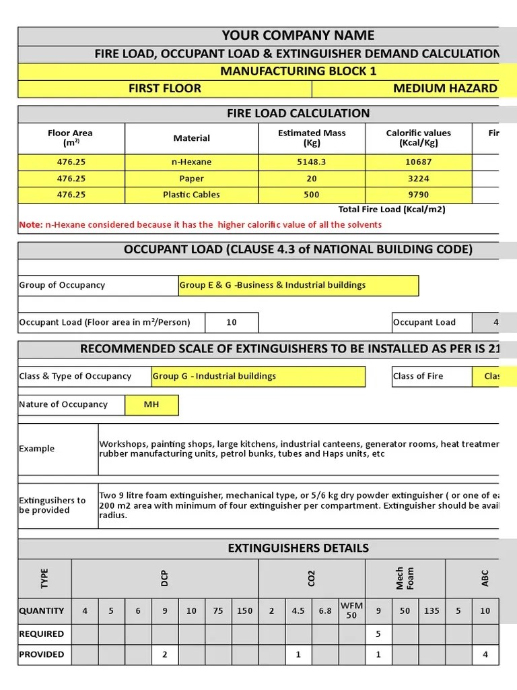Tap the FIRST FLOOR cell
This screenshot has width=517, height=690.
[x=165, y=88]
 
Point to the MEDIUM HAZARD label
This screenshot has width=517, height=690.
[x=445, y=88]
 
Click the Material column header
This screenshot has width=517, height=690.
[x=192, y=138]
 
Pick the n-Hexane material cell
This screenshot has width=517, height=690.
[x=192, y=162]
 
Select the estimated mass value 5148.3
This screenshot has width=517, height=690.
[x=312, y=162]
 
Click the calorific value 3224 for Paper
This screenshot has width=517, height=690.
[x=419, y=179]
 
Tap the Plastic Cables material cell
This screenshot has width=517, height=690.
[x=192, y=195]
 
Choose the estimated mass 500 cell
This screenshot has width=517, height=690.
[x=312, y=195]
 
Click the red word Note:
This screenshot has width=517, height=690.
[x=31, y=225]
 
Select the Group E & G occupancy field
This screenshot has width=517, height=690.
[x=298, y=285]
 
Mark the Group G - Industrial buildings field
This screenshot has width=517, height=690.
[x=258, y=376]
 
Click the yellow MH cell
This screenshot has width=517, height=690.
[x=151, y=404]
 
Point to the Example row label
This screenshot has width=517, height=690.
[x=37, y=449]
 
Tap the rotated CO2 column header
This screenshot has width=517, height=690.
[x=311, y=578]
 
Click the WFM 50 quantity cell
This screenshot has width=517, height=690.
[x=351, y=610]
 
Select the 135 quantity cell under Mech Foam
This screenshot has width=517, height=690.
[x=432, y=610]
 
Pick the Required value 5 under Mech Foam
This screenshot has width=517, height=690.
[x=378, y=633]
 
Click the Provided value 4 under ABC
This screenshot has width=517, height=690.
[x=485, y=654]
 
